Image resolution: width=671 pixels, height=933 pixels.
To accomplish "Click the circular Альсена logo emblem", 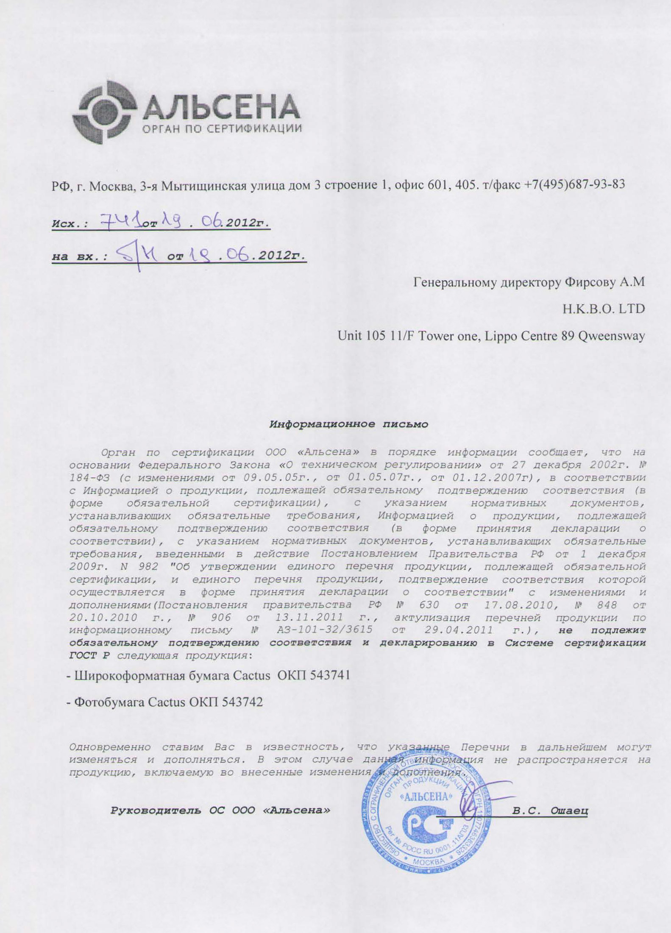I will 104,113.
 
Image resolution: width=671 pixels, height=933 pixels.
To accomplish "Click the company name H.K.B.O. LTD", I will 604,309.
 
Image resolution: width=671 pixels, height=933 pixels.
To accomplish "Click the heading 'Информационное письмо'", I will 349,424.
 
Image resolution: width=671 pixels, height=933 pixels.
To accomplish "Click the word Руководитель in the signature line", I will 156,810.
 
